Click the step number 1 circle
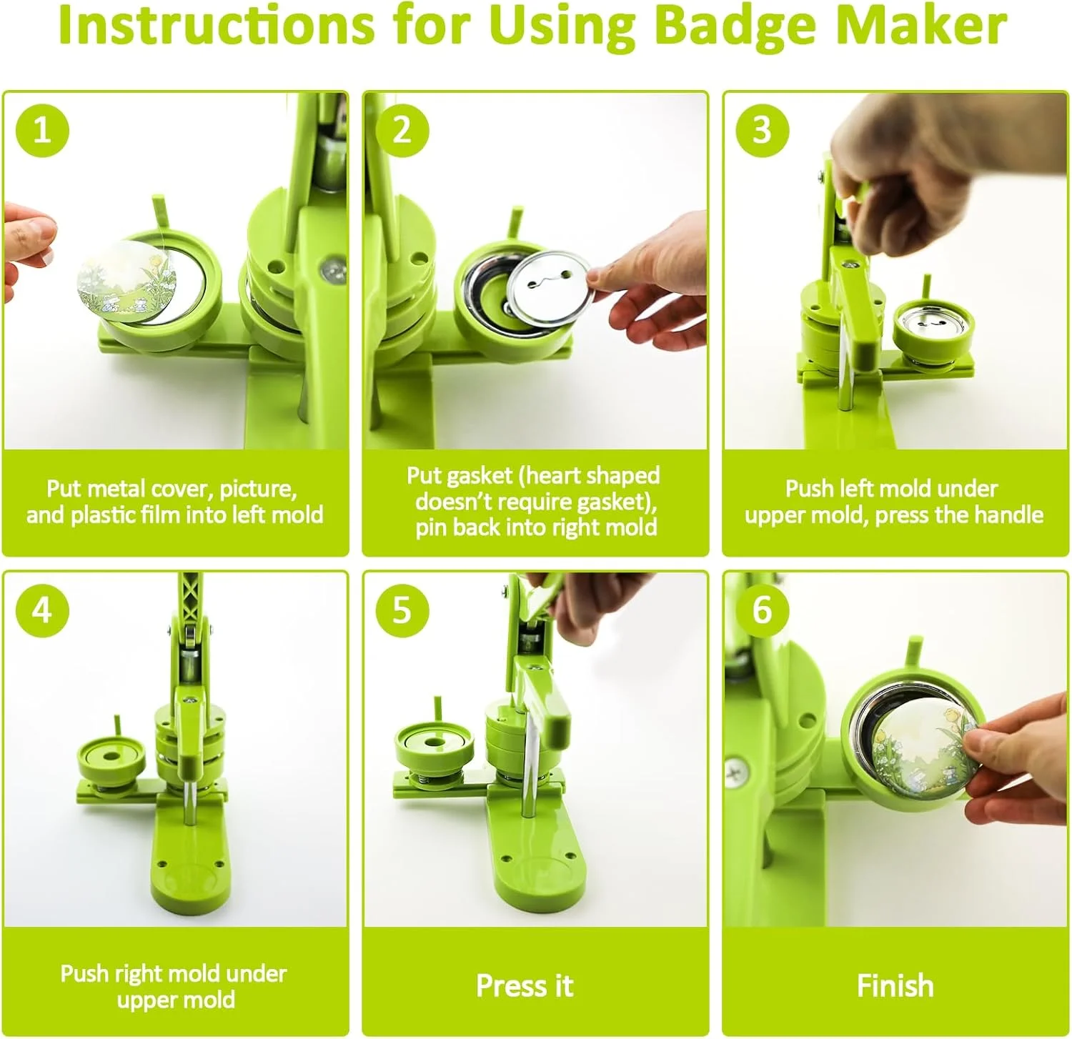tap(42, 130)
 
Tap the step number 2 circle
tap(402, 130)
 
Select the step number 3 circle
tap(763, 130)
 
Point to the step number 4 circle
tap(42, 610)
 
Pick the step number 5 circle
tap(402, 610)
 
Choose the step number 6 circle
tap(763, 610)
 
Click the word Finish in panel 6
tap(895, 985)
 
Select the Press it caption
tap(525, 985)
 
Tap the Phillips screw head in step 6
tap(736, 771)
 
